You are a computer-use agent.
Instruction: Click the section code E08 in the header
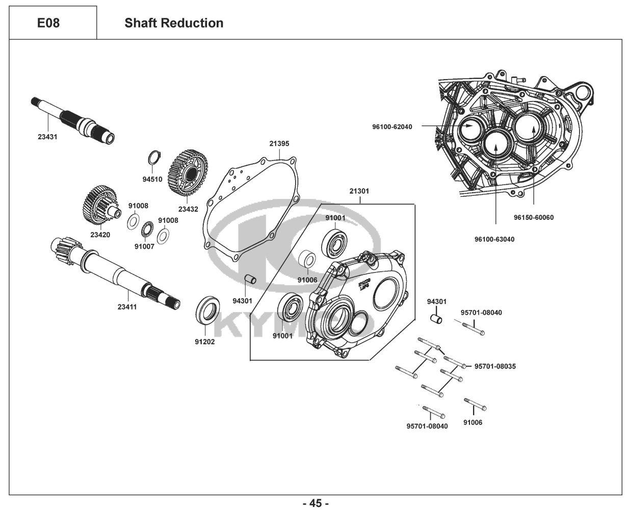[x=48, y=23]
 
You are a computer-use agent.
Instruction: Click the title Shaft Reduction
[x=174, y=23]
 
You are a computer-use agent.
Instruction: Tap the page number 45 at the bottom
[x=316, y=503]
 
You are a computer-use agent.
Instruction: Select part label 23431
[x=47, y=137]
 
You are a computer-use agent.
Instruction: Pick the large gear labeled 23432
[x=188, y=172]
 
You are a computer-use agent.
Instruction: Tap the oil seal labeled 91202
[x=207, y=310]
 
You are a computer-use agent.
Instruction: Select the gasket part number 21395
[x=279, y=144]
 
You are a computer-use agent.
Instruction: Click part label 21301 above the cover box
[x=359, y=191]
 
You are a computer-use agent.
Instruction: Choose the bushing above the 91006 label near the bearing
[x=307, y=260]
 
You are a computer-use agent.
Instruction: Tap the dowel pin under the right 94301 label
[x=436, y=319]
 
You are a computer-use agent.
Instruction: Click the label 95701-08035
[x=495, y=366]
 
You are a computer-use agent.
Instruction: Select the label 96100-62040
[x=392, y=127]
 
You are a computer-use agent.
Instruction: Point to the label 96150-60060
[x=534, y=217]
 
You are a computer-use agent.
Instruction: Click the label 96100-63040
[x=494, y=239]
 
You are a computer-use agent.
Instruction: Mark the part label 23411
[x=127, y=307]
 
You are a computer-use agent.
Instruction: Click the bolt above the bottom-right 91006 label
[x=475, y=404]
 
